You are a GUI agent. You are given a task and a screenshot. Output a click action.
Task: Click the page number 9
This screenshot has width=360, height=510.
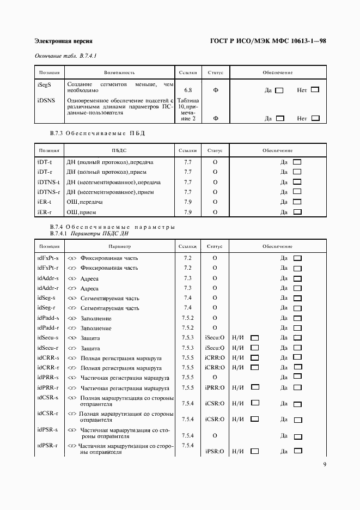[324, 465]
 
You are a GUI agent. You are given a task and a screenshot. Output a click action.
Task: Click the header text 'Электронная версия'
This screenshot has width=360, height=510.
[63, 41]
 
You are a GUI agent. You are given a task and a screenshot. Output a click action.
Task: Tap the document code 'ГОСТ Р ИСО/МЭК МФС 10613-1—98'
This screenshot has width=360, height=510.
[267, 41]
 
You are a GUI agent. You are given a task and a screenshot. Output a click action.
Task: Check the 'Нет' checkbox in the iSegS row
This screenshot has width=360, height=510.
[315, 90]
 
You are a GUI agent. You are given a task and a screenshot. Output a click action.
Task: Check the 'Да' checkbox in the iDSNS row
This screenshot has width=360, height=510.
[280, 118]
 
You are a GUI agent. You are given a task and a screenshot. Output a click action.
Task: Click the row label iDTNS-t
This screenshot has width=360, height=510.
[48, 182]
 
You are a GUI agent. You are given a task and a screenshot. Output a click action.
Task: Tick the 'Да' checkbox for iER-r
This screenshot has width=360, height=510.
[297, 211]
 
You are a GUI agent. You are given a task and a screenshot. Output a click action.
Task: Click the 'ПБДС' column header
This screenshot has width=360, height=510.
[119, 150]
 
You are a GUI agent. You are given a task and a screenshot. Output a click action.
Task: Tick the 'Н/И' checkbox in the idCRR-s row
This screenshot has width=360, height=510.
[254, 358]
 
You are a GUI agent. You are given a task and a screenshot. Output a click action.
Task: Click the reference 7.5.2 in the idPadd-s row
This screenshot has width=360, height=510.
[187, 318]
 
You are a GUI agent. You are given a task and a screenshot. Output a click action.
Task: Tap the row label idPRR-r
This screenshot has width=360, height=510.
[48, 387]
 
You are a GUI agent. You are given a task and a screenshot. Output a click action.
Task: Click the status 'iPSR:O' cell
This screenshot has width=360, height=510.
[215, 452]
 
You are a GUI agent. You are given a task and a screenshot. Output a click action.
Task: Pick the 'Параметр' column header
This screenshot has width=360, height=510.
[119, 247]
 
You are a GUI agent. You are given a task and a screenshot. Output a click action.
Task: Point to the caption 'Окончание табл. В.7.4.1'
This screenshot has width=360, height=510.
[65, 56]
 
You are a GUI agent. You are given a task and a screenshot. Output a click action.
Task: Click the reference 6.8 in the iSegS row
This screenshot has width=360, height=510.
[188, 90]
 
